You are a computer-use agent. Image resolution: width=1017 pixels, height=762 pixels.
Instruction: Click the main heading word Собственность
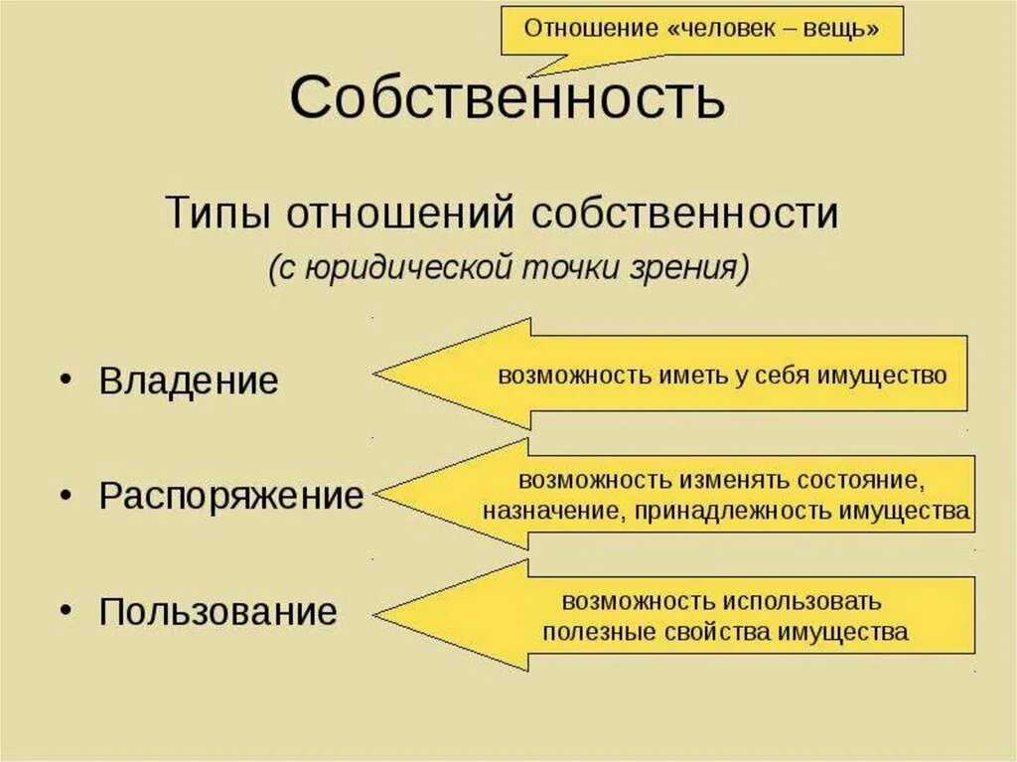click(x=508, y=98)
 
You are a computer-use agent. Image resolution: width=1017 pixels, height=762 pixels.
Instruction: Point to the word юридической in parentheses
click(x=400, y=267)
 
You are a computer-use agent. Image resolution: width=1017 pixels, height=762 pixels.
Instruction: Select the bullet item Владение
click(x=189, y=381)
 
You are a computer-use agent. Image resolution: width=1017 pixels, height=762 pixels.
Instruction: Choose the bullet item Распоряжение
click(x=231, y=496)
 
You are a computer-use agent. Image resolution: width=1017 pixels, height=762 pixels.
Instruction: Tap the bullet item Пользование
click(x=218, y=611)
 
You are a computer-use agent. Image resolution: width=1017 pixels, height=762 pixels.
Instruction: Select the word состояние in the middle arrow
click(x=855, y=480)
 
